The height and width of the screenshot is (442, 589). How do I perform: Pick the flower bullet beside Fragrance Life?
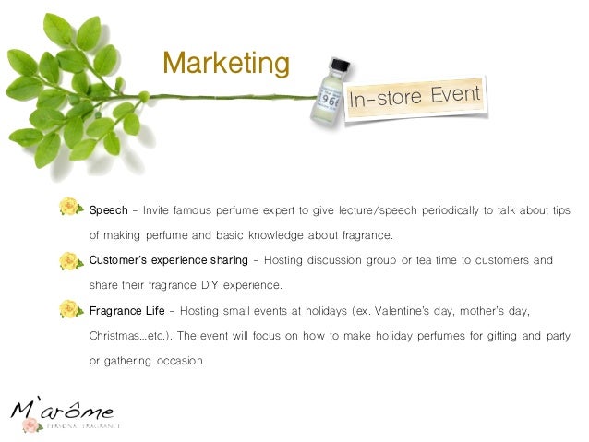click(70, 311)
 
